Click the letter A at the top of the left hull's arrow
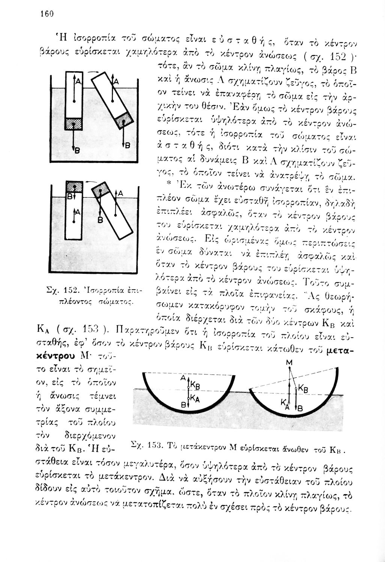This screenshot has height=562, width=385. (183, 379)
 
